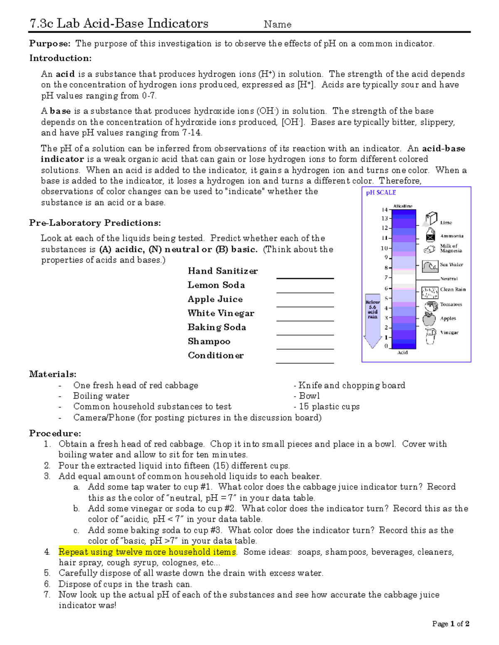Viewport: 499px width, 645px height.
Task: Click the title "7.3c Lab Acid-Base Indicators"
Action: point(119,23)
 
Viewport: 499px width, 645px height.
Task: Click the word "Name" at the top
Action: point(277,25)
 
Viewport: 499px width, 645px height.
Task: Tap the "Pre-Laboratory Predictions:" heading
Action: point(95,223)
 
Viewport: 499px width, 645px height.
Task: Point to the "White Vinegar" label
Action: point(221,313)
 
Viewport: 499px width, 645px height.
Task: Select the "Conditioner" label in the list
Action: point(215,356)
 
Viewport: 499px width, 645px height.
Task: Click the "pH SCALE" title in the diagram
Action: point(380,193)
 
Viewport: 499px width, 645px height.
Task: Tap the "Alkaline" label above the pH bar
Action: point(403,206)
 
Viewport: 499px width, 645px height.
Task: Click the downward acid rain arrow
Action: point(373,322)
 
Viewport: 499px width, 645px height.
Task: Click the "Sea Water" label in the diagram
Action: point(451,265)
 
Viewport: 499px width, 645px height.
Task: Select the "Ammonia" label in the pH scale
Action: point(452,236)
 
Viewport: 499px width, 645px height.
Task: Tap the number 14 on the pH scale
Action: point(385,210)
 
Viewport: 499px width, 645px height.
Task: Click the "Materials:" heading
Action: point(53,374)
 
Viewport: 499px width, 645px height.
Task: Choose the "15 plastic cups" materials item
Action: point(329,407)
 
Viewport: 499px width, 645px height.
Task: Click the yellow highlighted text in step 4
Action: point(147,552)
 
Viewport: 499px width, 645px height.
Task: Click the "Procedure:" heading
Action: point(55,433)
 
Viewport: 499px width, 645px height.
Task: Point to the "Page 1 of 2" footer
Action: point(450,624)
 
